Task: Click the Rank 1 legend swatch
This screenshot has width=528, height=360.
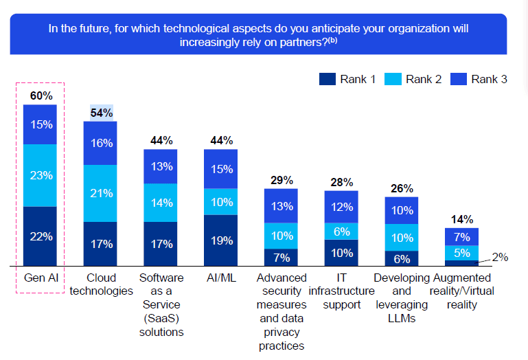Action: pyautogui.click(x=327, y=79)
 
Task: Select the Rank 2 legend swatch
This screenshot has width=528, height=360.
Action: pyautogui.click(x=392, y=79)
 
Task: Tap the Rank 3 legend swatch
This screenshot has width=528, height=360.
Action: pyautogui.click(x=457, y=79)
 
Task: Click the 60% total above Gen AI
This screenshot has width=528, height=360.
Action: pyautogui.click(x=41, y=95)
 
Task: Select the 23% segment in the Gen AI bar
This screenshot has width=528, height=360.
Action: pyautogui.click(x=41, y=175)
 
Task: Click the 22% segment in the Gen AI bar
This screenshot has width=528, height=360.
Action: pyautogui.click(x=41, y=236)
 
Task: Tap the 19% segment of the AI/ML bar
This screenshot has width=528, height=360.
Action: pyautogui.click(x=221, y=240)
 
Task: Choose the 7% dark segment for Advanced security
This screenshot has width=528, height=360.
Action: pyautogui.click(x=281, y=257)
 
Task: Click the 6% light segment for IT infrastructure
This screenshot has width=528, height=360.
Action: pyautogui.click(x=341, y=232)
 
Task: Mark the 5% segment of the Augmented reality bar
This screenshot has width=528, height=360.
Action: pyautogui.click(x=461, y=252)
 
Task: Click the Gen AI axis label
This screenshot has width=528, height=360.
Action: pyautogui.click(x=41, y=278)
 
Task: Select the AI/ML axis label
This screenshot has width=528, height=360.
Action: pyautogui.click(x=221, y=278)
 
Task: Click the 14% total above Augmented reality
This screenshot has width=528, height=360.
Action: pyautogui.click(x=461, y=220)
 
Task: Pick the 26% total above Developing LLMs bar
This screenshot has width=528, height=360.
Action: pyautogui.click(x=402, y=188)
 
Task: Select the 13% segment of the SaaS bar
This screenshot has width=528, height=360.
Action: pyautogui.click(x=161, y=166)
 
